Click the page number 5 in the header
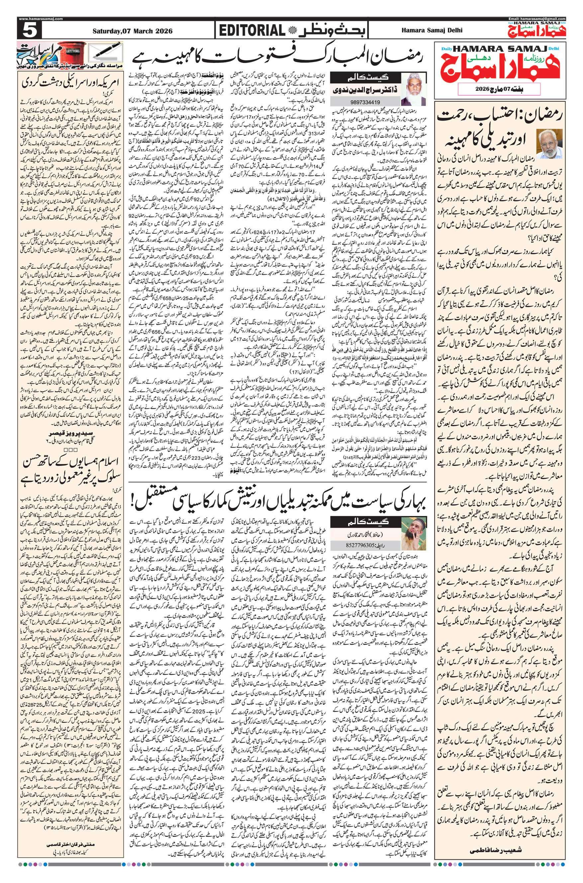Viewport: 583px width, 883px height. click(28, 31)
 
